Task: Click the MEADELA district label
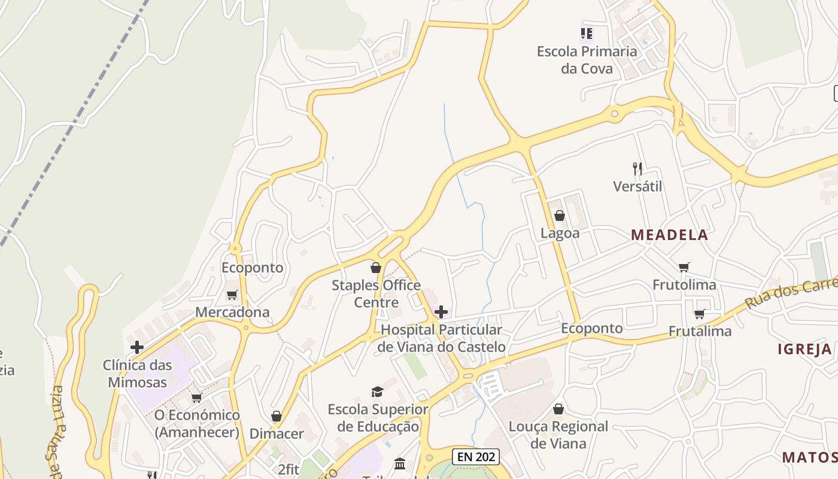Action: click(669, 235)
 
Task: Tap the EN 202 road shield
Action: click(476, 457)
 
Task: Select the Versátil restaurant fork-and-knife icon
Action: click(637, 169)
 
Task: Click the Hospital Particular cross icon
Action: click(441, 312)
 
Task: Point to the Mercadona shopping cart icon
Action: click(232, 295)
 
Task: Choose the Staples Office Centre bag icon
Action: click(376, 268)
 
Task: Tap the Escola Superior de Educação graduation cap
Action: click(377, 392)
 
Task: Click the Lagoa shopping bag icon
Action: click(560, 216)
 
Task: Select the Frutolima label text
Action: click(684, 284)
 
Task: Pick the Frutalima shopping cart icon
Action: click(699, 314)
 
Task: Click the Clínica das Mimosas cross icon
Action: click(137, 347)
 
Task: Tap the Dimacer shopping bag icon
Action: click(277, 416)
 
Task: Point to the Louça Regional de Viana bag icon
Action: click(558, 409)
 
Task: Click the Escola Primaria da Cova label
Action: click(587, 60)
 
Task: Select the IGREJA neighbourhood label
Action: click(804, 350)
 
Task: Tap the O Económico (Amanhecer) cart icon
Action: click(196, 398)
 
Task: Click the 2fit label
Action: click(289, 468)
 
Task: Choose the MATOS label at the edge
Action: click(809, 457)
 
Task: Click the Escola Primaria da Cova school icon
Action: click(587, 34)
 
